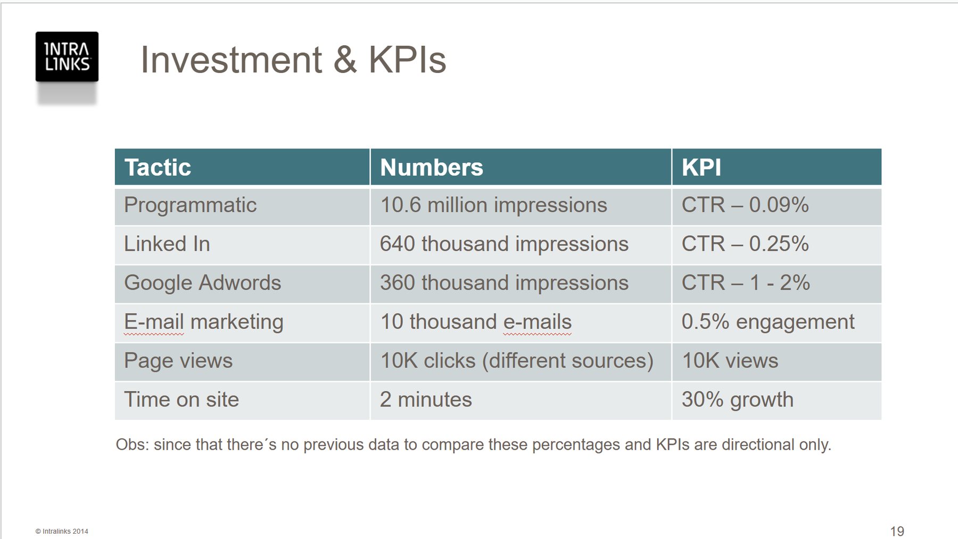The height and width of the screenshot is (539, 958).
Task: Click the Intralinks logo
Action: [67, 57]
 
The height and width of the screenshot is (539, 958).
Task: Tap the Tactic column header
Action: [158, 168]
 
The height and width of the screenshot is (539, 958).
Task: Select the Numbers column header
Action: [432, 168]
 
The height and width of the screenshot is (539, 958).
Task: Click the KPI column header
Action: [701, 168]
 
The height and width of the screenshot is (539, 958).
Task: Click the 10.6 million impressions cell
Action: [493, 205]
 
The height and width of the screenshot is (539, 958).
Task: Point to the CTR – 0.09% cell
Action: [745, 205]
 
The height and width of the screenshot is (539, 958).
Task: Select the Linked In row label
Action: [167, 244]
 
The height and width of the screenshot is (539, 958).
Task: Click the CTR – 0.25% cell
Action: [745, 244]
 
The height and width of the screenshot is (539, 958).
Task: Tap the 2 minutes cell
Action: [426, 400]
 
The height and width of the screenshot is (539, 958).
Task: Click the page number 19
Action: [897, 531]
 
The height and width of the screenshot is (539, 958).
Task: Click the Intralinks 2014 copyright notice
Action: [62, 531]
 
